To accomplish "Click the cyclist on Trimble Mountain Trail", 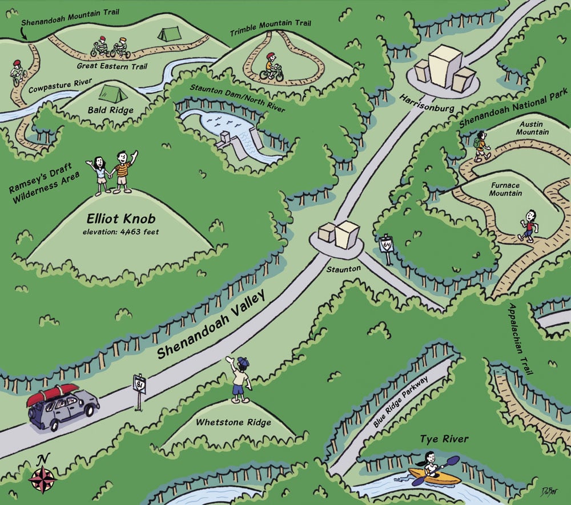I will coord(272,67).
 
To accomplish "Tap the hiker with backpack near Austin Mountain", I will coord(481,147).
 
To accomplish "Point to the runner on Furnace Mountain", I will coord(529,225).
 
